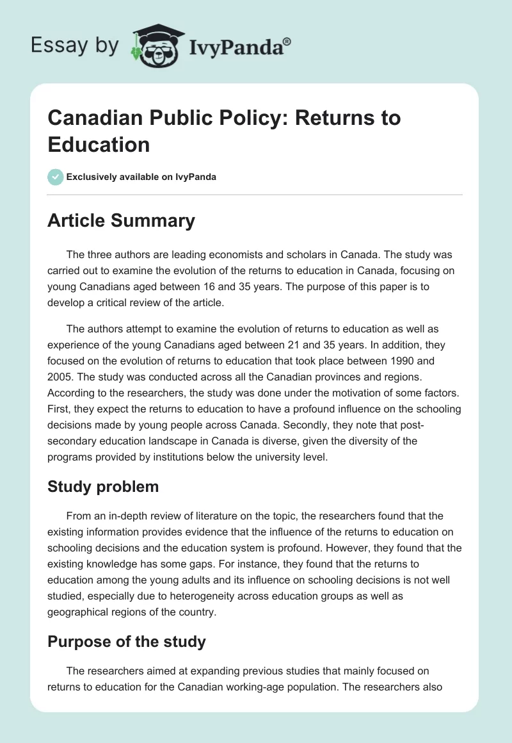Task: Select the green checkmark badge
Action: pyautogui.click(x=56, y=177)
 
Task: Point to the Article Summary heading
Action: pyautogui.click(x=121, y=220)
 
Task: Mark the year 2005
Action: pyautogui.click(x=60, y=375)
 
